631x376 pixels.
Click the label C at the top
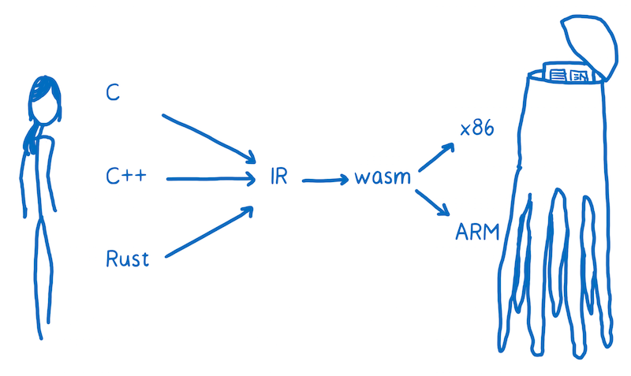114,92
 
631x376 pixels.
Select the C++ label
125,176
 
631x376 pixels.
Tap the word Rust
127,259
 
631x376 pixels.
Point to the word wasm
382,177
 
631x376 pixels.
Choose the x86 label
476,128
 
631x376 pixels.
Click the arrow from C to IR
207,135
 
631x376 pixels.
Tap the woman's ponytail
31,134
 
